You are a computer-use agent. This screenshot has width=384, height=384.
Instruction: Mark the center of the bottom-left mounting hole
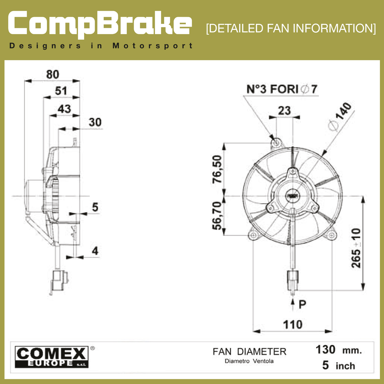click(253, 235)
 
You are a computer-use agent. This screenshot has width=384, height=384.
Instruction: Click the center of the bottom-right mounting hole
click(332, 235)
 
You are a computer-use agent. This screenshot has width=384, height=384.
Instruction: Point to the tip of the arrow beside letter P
click(293, 298)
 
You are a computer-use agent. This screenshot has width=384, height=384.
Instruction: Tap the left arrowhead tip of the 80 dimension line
click(24, 81)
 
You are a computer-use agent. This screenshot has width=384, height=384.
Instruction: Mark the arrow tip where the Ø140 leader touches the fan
click(323, 156)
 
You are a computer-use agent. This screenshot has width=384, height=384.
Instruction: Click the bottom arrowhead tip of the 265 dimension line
click(363, 291)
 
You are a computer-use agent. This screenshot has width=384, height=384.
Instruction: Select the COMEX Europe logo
click(52, 357)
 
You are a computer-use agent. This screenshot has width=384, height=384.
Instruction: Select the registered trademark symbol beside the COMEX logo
click(92, 348)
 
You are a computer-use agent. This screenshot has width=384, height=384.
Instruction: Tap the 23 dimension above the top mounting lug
click(284, 110)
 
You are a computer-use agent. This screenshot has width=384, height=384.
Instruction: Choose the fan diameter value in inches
click(339, 365)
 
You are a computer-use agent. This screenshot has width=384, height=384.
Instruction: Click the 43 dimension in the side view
click(64, 109)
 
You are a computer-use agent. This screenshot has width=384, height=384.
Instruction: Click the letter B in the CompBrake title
click(107, 23)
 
